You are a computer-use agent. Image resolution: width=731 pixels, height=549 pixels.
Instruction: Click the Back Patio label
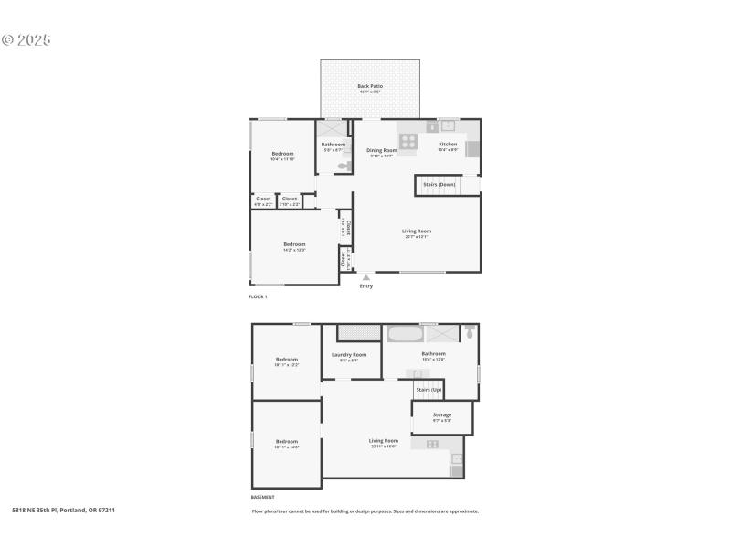pyautogui.click(x=370, y=86)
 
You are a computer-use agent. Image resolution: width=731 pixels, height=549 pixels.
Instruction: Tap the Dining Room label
pyautogui.click(x=381, y=150)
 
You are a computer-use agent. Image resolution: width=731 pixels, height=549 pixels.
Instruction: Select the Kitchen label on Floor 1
pyautogui.click(x=448, y=145)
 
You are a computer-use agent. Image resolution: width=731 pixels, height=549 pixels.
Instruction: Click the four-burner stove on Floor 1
pyautogui.click(x=408, y=142)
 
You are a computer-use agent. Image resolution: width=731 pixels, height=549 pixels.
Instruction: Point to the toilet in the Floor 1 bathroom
pyautogui.click(x=344, y=166)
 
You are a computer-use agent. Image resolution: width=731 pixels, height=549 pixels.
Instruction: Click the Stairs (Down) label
pyautogui.click(x=439, y=185)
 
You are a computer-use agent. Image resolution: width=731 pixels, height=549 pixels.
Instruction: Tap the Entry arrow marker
pyautogui.click(x=365, y=277)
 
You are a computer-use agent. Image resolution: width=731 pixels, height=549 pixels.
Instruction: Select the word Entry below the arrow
pyautogui.click(x=365, y=286)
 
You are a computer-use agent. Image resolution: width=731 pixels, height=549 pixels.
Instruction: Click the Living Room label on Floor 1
pyautogui.click(x=416, y=231)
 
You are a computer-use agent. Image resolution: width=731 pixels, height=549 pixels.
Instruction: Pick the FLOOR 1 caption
pyautogui.click(x=258, y=297)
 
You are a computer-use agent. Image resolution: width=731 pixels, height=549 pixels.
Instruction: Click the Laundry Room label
pyautogui.click(x=349, y=355)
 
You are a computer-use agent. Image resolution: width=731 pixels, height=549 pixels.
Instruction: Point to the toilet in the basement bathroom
pyautogui.click(x=470, y=333)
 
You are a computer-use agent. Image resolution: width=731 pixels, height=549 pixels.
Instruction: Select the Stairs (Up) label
pyautogui.click(x=429, y=390)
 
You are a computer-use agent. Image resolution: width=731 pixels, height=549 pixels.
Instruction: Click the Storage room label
pyautogui.click(x=441, y=415)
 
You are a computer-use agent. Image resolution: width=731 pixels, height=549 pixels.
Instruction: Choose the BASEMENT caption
pyautogui.click(x=262, y=497)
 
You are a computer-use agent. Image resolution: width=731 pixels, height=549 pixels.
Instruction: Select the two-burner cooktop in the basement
pyautogui.click(x=432, y=444)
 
